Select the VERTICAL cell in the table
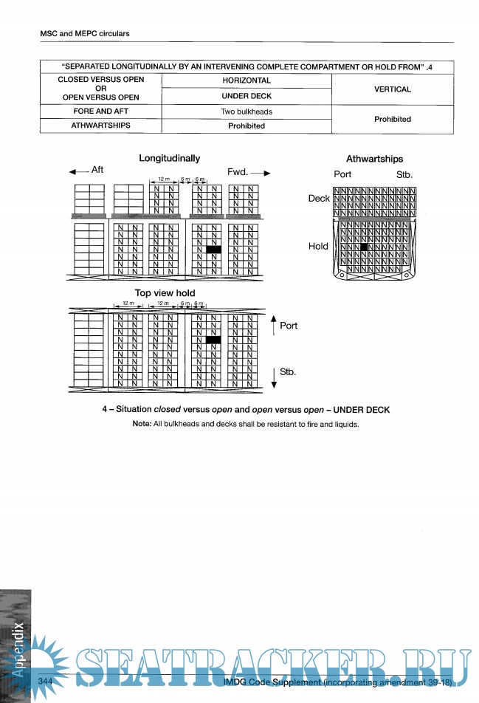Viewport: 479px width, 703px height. coord(392,89)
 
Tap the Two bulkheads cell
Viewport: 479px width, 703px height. coord(246,112)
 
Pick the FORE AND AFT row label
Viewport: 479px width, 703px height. coord(100,112)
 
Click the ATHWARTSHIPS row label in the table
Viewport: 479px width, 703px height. coord(100,126)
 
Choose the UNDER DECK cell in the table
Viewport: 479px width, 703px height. coord(246,96)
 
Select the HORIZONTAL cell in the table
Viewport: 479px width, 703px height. coord(246,80)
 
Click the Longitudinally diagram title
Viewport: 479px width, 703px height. coord(169,158)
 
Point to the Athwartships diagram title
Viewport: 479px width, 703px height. coord(374,159)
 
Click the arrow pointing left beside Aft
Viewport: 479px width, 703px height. coord(78,171)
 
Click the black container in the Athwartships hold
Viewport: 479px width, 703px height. coord(363,247)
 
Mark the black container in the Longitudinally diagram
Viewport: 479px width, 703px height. coord(214,250)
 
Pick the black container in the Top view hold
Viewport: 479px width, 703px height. coord(214,340)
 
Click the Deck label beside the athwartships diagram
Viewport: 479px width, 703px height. coord(319,199)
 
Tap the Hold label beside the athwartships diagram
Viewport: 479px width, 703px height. coord(318,247)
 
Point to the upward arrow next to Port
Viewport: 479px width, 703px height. coord(273,323)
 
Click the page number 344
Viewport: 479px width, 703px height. coord(46,680)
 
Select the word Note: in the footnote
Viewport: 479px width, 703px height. coord(142,424)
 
